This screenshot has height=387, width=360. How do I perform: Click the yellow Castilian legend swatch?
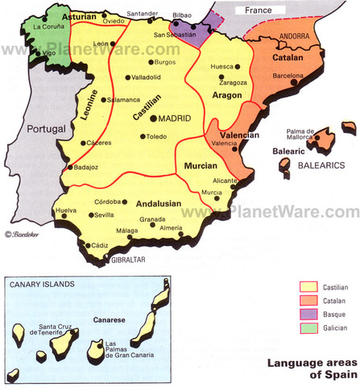pos(308,286)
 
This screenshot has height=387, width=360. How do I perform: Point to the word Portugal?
pos(47,128)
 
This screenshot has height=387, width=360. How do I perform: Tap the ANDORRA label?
pos(295,37)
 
